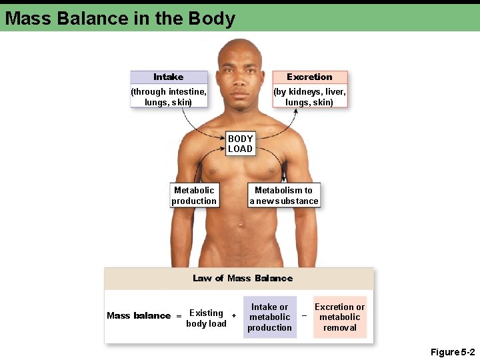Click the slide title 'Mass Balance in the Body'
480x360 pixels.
[120, 18]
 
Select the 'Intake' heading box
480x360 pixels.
[169, 77]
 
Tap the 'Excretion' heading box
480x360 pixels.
[309, 77]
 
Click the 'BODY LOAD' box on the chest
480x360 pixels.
[240, 144]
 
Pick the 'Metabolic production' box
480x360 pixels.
[194, 195]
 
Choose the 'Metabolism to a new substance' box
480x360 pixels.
[284, 195]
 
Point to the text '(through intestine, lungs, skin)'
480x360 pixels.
[169, 97]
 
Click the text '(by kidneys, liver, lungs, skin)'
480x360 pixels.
[309, 97]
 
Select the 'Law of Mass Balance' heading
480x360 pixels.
[243, 278]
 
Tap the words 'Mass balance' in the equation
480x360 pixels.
[139, 315]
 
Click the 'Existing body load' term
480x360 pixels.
[206, 318]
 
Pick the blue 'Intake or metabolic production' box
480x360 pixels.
[270, 317]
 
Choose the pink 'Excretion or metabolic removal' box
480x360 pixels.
[340, 317]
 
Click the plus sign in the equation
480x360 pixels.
[233, 315]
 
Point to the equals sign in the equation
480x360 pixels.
[179, 316]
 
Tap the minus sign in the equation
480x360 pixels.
[304, 315]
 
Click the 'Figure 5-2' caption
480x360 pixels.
[453, 351]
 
